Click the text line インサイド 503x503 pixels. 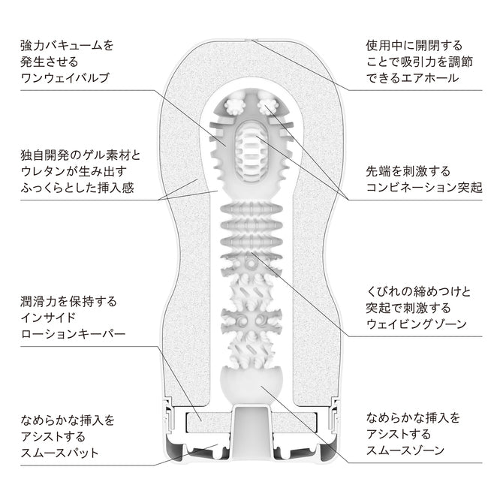48,318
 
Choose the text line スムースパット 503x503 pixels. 60,453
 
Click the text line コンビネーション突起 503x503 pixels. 424,186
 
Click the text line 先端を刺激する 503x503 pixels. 402,170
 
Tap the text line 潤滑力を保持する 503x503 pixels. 68,301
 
